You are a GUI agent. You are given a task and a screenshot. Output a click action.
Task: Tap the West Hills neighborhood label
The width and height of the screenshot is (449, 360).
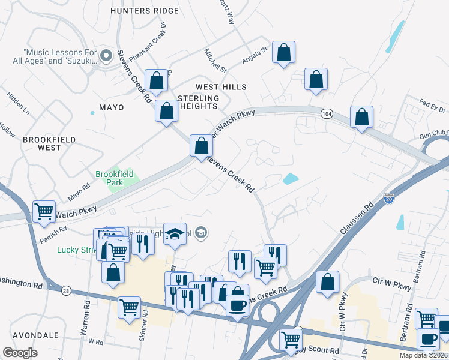(x=221, y=87)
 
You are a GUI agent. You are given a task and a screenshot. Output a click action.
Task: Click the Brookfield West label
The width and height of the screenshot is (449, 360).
(x=50, y=143)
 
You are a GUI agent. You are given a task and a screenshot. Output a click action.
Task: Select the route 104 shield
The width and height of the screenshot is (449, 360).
(x=327, y=113)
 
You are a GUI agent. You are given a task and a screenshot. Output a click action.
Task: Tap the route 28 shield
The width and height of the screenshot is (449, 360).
(x=65, y=290)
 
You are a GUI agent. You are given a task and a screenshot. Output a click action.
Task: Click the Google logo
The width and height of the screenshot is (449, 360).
(x=20, y=353)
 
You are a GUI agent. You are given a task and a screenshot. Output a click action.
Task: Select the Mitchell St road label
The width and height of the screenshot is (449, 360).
(x=215, y=61)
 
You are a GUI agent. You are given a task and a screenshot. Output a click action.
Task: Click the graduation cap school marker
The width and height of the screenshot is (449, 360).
(x=175, y=233)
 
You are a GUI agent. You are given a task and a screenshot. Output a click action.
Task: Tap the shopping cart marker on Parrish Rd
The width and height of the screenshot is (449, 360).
(x=44, y=212)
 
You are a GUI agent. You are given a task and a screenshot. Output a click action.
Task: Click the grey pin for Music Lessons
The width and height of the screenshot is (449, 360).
(x=106, y=56)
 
